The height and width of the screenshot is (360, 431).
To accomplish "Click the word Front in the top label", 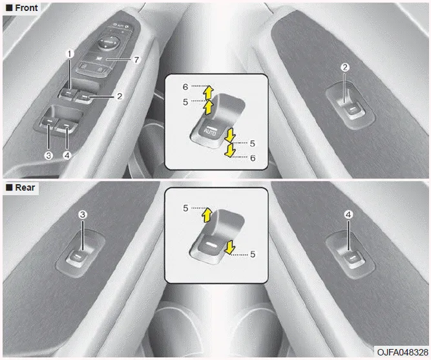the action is [x=26, y=8].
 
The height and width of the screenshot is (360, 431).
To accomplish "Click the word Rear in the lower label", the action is [x=25, y=187].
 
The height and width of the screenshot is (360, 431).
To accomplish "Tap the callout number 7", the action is [x=136, y=59].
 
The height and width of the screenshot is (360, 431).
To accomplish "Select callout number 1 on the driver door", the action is [x=70, y=54].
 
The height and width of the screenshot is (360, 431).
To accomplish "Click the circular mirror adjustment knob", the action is [x=109, y=43].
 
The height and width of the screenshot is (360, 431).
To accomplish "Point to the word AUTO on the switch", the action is [x=210, y=132].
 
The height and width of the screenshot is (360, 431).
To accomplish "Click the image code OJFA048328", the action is [x=403, y=352].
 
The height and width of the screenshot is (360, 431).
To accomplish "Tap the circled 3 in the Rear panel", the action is [x=83, y=215].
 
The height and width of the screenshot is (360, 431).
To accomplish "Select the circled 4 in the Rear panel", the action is [x=348, y=215].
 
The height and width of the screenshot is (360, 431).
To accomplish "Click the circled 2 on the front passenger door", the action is [x=345, y=67].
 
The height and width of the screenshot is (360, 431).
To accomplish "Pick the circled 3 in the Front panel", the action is [x=48, y=156].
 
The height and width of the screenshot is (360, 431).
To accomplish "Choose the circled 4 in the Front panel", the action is [x=67, y=156].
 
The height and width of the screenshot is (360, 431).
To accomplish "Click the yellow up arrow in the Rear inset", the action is [x=207, y=215].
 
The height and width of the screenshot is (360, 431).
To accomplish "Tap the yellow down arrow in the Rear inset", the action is [x=229, y=247].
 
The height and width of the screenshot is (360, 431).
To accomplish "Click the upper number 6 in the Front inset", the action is [x=185, y=87].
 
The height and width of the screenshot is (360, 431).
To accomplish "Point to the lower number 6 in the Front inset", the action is [x=253, y=158].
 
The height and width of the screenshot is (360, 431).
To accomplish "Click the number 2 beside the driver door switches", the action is [x=120, y=96].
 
